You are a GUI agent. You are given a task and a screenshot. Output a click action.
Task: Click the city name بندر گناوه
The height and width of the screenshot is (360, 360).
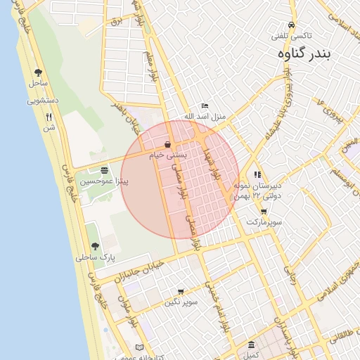[308, 53]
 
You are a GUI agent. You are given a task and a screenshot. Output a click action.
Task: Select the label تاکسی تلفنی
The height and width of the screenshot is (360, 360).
[292, 35]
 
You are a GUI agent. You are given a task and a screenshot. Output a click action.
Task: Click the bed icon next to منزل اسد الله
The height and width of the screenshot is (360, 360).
[205, 105]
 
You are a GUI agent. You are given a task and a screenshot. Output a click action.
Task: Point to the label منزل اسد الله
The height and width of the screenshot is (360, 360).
[205, 116]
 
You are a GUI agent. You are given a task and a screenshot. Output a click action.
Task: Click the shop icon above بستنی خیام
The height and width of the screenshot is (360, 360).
[167, 144]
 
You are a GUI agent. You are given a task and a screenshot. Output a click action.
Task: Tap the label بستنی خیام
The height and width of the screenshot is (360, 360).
[167, 155]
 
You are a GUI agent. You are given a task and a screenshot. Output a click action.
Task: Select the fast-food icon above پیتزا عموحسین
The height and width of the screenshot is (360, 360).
[105, 171]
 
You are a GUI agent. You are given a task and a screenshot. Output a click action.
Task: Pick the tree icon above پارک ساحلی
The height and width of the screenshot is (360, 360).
[95, 247]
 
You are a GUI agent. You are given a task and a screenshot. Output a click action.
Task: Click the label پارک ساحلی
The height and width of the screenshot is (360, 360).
[95, 257]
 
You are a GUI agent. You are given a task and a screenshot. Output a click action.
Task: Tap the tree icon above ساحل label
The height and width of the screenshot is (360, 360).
[38, 72]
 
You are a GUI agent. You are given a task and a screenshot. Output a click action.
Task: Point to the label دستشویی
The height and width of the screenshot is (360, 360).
[43, 101]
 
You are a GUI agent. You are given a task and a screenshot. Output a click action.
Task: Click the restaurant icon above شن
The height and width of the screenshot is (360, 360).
[49, 117]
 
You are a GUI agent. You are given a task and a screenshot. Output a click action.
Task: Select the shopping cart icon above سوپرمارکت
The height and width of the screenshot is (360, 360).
[264, 212]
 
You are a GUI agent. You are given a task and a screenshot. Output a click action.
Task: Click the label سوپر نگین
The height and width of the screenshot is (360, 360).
[181, 302]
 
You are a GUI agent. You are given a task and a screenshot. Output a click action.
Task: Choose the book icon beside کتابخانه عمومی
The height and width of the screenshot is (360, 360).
[140, 348]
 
